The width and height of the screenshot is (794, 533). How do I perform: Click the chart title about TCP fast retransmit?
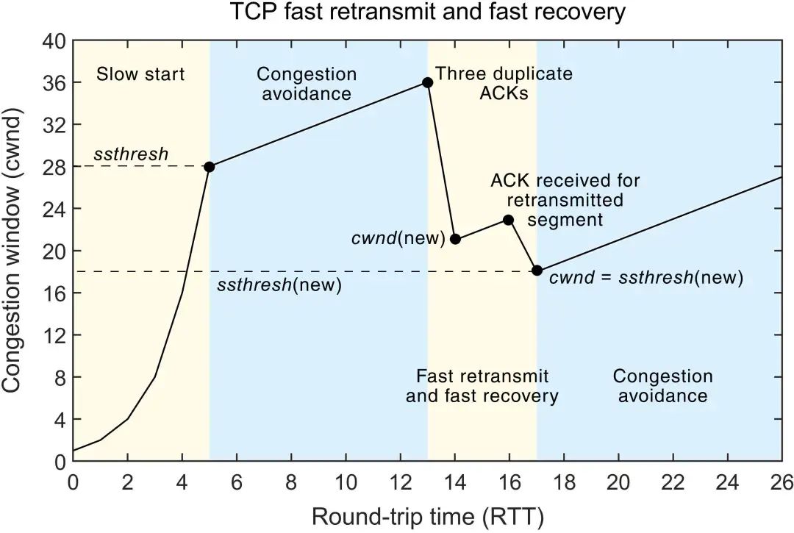426,13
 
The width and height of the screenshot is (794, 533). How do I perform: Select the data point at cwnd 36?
427,82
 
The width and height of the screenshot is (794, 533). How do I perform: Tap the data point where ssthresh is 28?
209,167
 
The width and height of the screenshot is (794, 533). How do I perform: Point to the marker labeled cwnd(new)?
455,239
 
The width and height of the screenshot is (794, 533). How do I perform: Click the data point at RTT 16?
509,220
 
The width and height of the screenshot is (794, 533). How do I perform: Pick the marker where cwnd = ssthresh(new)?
537,271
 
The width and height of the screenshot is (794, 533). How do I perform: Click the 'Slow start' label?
140,74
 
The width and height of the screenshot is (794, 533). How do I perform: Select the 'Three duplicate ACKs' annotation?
504,84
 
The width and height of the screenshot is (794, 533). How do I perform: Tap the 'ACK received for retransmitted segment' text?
565,200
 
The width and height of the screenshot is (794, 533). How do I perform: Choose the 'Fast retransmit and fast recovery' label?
482,387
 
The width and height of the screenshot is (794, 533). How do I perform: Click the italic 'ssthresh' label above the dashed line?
131,155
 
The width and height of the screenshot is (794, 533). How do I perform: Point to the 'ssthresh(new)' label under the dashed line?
279,285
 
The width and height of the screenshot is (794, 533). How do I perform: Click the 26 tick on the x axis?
781,483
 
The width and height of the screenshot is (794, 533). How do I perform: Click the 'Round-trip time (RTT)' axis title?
427,516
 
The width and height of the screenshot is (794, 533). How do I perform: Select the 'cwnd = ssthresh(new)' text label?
647,278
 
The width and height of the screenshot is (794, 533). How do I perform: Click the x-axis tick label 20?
618,483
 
